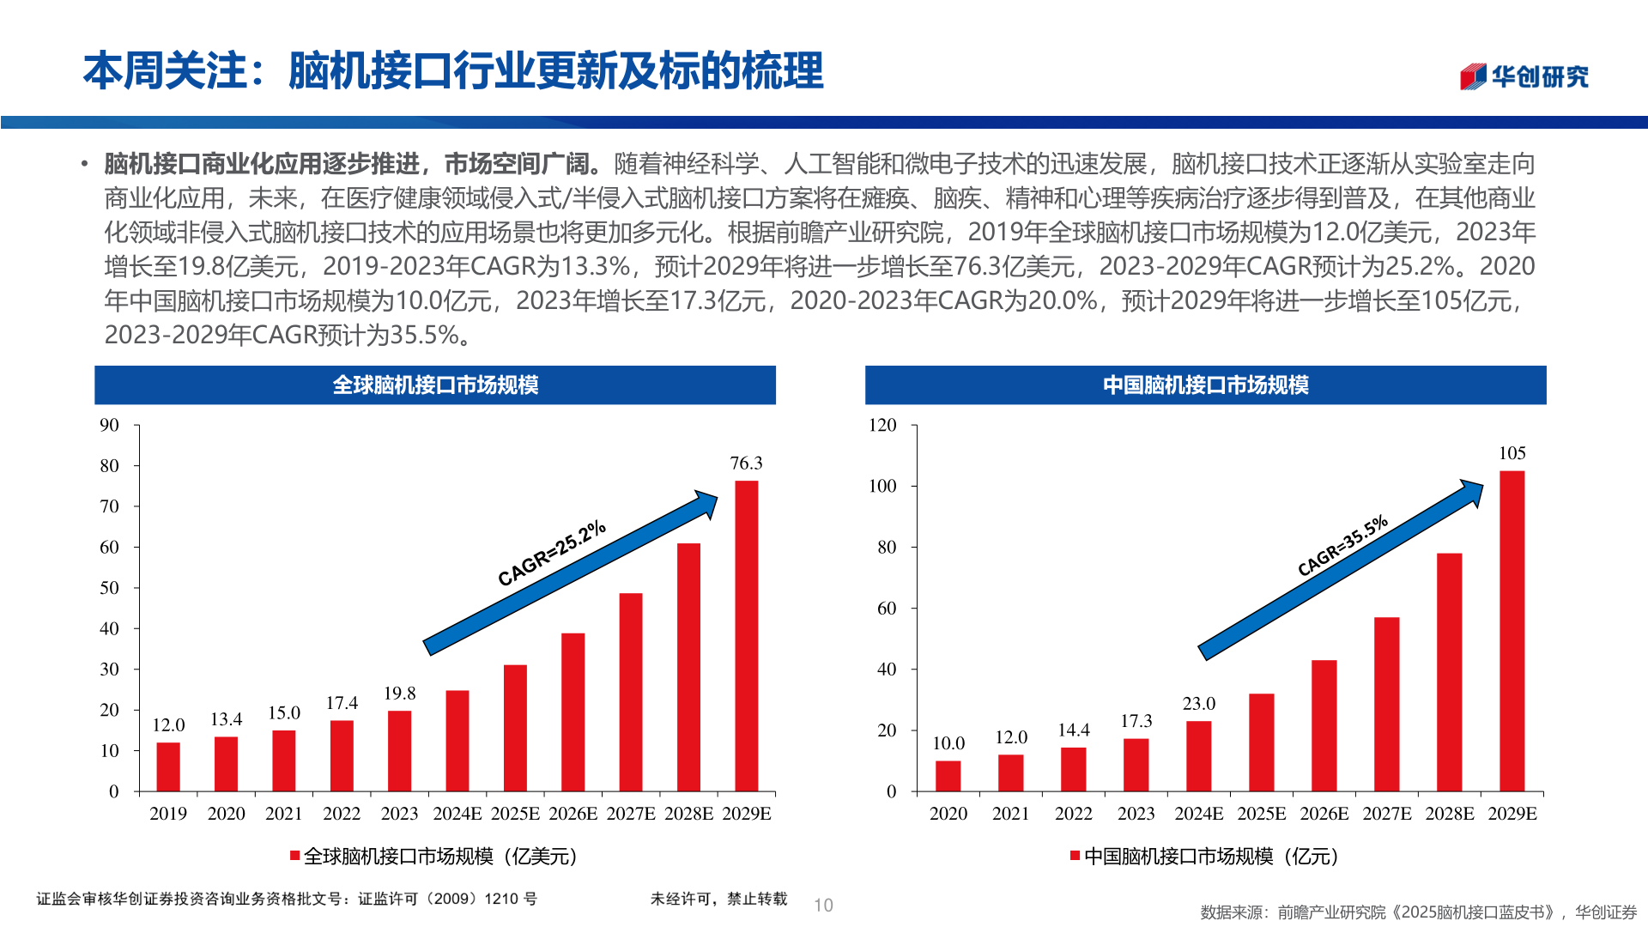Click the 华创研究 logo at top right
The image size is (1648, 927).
1524,76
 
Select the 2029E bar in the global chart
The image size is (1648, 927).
747,635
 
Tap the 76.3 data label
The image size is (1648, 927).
746,463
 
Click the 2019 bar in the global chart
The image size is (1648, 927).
168,766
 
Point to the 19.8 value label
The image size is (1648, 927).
399,694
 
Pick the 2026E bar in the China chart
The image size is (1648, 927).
1324,725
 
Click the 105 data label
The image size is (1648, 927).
1512,453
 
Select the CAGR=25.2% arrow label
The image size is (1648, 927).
552,554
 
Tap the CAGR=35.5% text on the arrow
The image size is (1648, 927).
1342,546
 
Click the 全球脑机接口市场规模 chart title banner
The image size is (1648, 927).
435,385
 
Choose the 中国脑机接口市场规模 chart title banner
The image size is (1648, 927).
1205,385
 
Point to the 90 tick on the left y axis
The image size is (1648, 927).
109,425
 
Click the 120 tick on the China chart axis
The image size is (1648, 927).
882,425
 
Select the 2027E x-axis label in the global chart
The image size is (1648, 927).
631,814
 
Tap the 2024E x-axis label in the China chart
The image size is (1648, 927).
1198,814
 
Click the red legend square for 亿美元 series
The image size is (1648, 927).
294,856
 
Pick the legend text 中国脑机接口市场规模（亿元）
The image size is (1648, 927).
1210,856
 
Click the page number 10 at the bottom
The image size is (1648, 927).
823,906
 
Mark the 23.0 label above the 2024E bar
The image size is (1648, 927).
1198,704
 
